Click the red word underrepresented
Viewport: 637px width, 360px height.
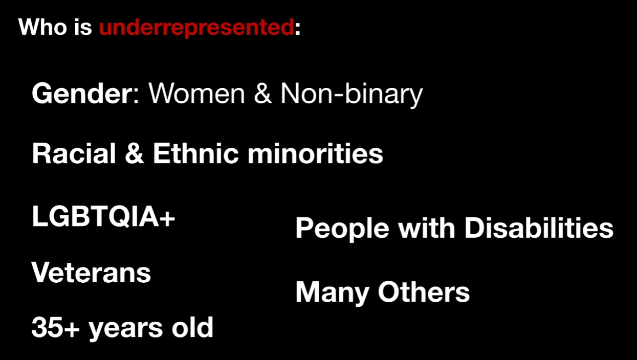click(x=196, y=28)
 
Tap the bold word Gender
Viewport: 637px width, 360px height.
click(x=82, y=93)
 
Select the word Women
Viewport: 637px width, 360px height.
click(x=196, y=94)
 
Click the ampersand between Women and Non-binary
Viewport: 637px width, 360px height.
click(x=263, y=94)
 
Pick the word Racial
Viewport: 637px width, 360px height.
click(x=74, y=153)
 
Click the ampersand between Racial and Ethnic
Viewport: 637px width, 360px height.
click(x=134, y=153)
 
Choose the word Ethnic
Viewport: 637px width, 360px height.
click(x=195, y=153)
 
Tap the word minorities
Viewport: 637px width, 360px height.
click(x=315, y=153)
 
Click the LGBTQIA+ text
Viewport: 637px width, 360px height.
click(x=103, y=216)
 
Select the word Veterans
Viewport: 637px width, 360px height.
click(x=91, y=272)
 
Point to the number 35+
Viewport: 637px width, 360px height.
click(x=55, y=327)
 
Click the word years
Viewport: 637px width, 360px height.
click(x=125, y=329)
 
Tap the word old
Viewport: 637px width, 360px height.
click(x=192, y=327)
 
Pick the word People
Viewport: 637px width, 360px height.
click(x=342, y=229)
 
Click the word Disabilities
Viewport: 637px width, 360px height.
click(x=539, y=228)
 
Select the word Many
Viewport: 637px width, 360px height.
click(x=333, y=293)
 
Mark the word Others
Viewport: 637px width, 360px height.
click(x=424, y=291)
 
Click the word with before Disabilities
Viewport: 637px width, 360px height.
click(x=427, y=228)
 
